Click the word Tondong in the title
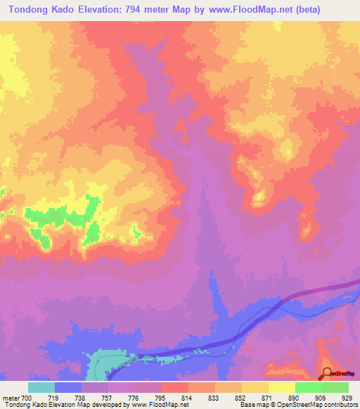coord(30,10)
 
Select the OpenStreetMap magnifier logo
coord(328,373)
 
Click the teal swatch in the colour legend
coord(41,387)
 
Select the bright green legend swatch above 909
coord(309,387)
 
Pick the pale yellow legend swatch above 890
coord(282,387)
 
